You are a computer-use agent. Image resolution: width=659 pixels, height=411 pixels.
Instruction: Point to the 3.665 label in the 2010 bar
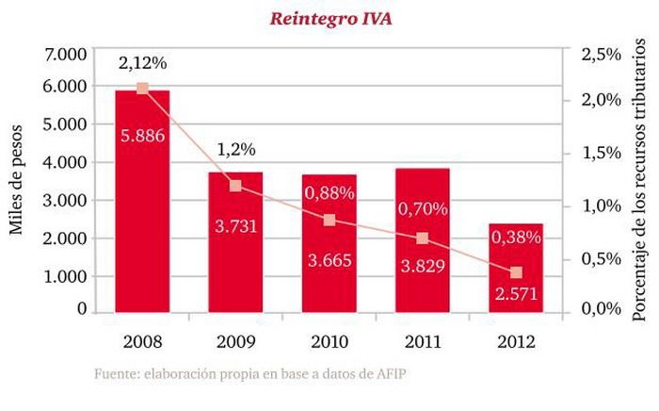tap(329, 261)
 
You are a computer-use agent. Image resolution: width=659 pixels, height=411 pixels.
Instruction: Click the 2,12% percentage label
tap(142, 64)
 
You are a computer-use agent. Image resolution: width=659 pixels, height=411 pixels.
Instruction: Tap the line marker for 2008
tap(142, 89)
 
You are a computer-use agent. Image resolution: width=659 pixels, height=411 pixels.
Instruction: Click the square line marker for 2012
tap(516, 272)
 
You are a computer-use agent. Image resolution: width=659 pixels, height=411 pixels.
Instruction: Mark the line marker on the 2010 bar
tap(329, 220)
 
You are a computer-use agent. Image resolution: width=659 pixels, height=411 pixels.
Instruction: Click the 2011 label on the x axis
tap(422, 339)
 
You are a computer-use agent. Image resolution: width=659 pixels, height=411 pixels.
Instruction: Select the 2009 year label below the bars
tap(235, 339)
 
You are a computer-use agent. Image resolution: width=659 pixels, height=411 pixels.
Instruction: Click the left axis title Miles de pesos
tap(16, 182)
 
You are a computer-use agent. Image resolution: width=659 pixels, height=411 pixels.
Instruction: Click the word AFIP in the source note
tap(388, 374)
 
